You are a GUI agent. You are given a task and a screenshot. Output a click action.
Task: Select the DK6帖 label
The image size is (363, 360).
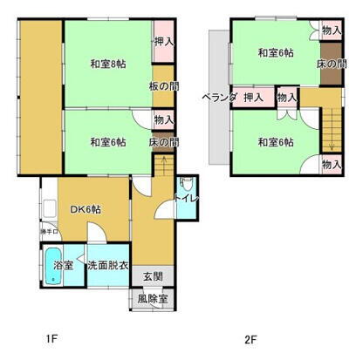click(x=85, y=209)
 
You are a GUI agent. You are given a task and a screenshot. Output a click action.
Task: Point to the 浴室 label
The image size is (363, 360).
click(x=63, y=263)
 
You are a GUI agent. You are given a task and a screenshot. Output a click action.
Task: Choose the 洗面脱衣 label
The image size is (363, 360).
click(x=107, y=264)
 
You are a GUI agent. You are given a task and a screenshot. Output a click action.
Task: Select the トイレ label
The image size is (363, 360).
click(x=186, y=200)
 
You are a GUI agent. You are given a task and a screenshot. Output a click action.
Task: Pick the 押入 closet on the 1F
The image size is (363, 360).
click(x=163, y=41)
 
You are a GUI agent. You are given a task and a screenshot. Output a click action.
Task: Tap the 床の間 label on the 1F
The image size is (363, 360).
click(x=163, y=142)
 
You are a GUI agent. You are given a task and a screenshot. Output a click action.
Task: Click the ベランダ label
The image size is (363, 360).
click(x=218, y=96)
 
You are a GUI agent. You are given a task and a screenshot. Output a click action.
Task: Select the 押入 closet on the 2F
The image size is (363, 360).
click(x=254, y=96)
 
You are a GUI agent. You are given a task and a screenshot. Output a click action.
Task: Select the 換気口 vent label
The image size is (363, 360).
click(x=50, y=231)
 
